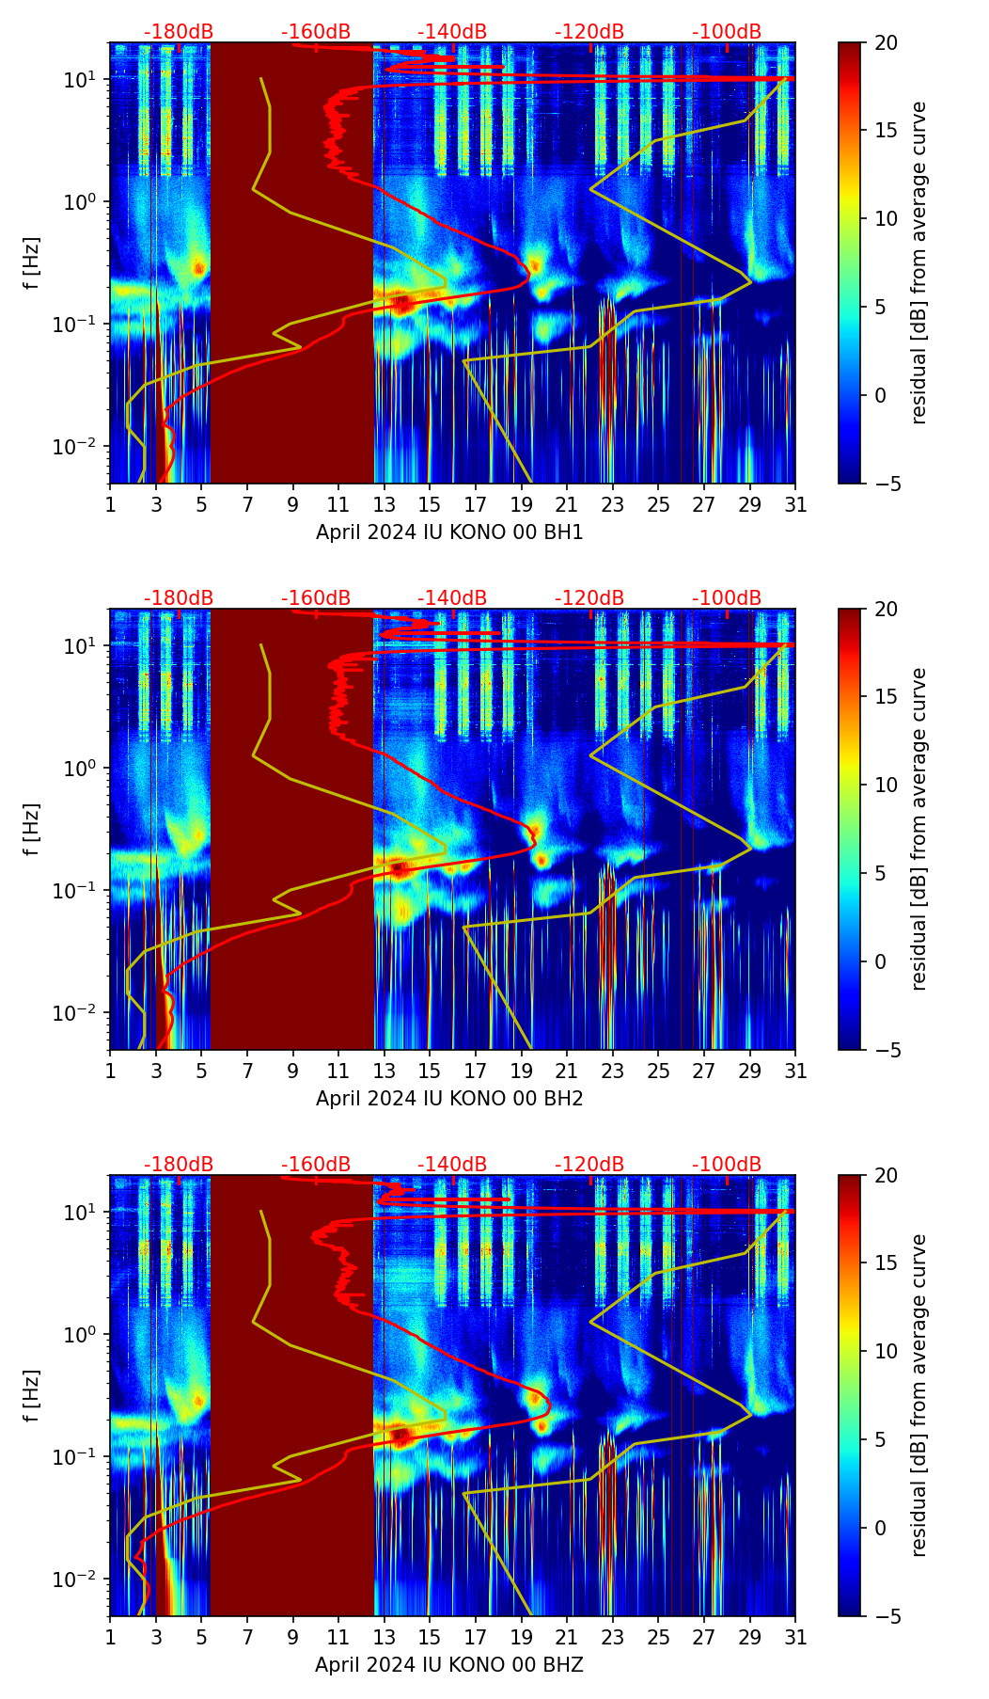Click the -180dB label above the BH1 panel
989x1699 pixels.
[x=179, y=32]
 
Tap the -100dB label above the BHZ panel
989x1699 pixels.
[x=727, y=1165]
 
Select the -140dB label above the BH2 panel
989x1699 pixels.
[x=452, y=598]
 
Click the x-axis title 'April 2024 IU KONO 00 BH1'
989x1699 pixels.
[x=449, y=532]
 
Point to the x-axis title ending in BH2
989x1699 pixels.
[x=449, y=1099]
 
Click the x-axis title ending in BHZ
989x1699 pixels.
[x=449, y=1665]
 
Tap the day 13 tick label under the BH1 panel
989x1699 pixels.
[x=384, y=504]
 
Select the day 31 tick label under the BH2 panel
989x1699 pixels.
[x=795, y=1071]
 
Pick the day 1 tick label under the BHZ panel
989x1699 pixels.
[x=110, y=1637]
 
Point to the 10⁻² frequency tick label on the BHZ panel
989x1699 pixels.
[x=81, y=1579]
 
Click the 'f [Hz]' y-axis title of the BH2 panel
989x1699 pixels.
[x=33, y=829]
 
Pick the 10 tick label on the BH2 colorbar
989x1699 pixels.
[x=886, y=785]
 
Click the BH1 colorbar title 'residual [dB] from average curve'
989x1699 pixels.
[x=919, y=262]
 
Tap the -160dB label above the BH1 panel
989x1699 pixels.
[x=316, y=32]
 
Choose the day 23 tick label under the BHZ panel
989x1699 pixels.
[x=612, y=1637]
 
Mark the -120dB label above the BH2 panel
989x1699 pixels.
[x=589, y=598]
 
